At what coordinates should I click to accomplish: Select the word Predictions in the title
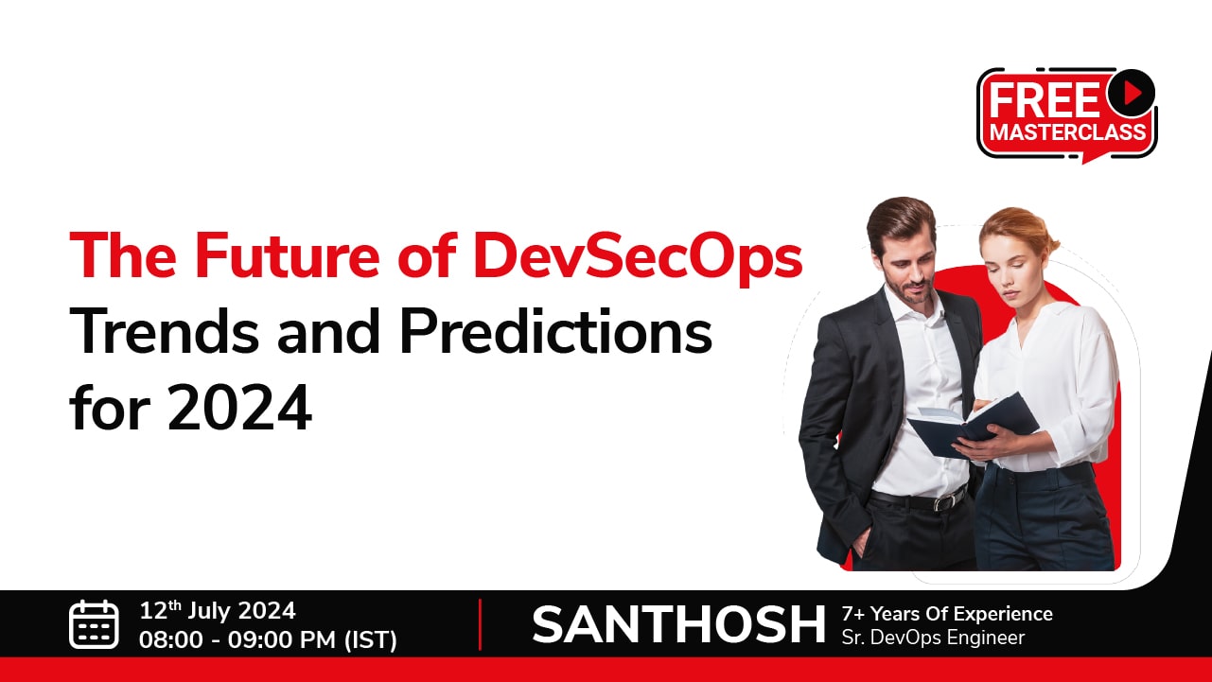coord(555,331)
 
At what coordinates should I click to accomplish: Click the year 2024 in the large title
coord(239,407)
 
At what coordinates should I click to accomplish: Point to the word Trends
coord(165,331)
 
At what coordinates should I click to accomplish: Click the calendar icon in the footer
coord(94,624)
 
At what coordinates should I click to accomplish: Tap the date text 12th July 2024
coord(218,611)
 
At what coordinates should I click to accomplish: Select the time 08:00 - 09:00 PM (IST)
coord(269,639)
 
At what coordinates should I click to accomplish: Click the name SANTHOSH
coord(678,625)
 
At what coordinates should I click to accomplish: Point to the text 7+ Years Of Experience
coord(947,614)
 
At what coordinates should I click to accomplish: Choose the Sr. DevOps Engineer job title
coord(933,638)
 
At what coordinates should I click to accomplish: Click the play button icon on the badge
coord(1131,93)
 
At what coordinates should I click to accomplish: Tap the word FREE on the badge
coord(1044,100)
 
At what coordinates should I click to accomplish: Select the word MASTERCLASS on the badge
coord(1067,132)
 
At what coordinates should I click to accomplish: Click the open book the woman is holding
coord(974,425)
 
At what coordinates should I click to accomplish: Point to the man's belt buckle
coord(942,502)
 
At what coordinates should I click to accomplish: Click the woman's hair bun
coord(1048,244)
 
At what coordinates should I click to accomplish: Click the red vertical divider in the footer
coord(480,624)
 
